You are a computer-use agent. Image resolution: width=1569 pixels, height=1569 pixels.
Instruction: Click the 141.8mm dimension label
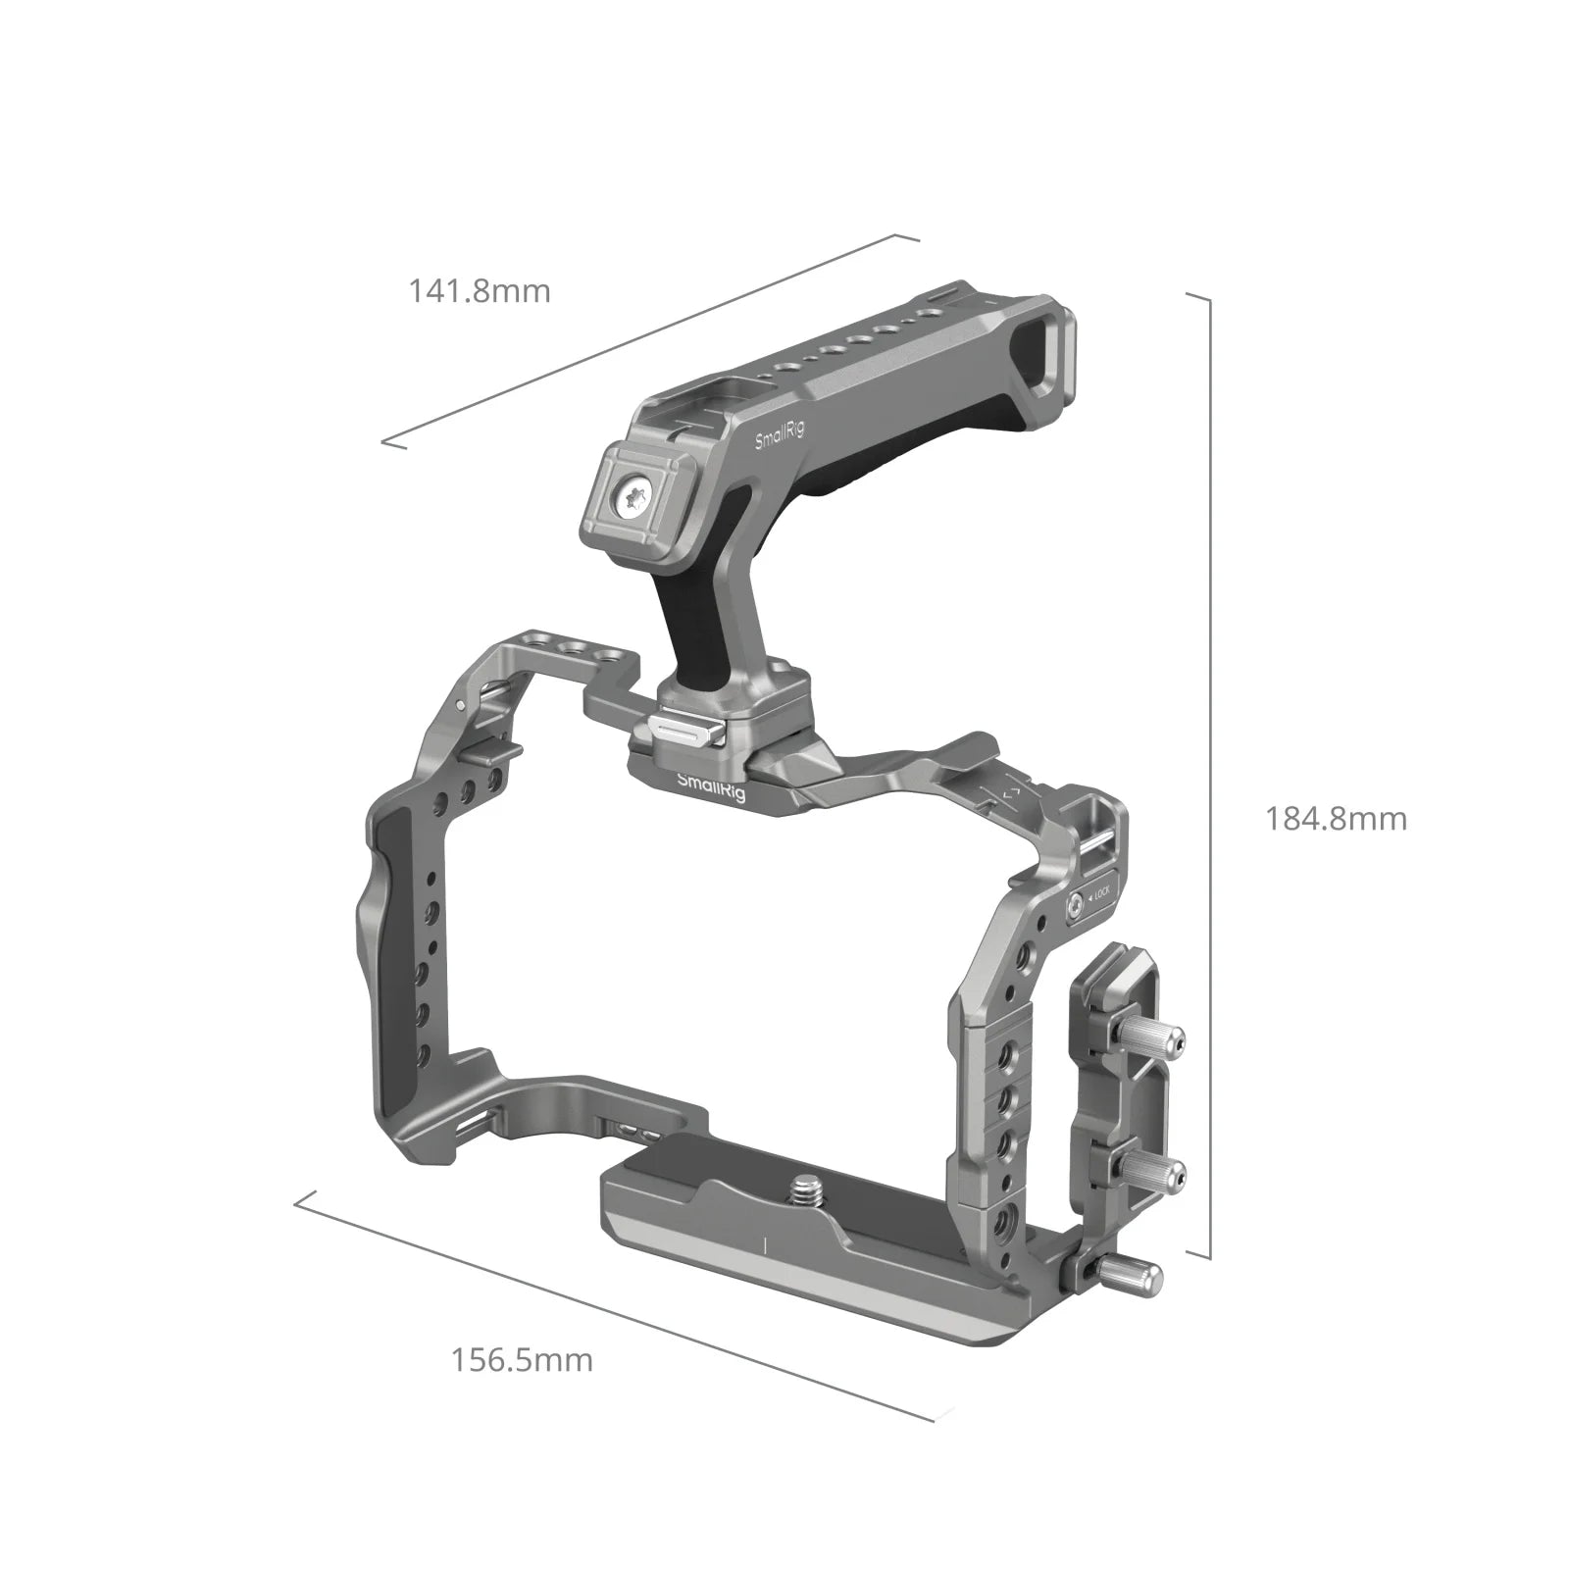(x=480, y=291)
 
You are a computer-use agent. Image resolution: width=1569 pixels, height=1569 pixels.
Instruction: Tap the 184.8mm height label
(x=1336, y=819)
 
